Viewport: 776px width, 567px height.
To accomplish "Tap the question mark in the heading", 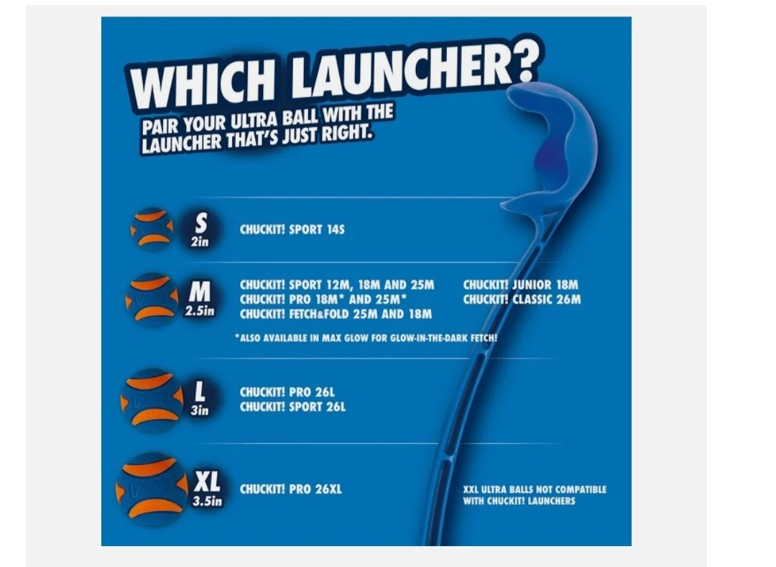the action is pyautogui.click(x=523, y=60).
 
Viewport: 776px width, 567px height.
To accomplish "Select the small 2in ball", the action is pyautogui.click(x=152, y=228).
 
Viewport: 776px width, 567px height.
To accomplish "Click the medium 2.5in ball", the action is pyautogui.click(x=152, y=299).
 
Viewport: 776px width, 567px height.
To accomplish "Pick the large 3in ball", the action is pyautogui.click(x=152, y=400).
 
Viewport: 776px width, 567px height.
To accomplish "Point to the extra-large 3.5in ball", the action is pyautogui.click(x=152, y=488).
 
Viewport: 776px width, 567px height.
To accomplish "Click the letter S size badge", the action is pyautogui.click(x=200, y=229).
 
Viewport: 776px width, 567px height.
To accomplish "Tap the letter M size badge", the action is pyautogui.click(x=200, y=298).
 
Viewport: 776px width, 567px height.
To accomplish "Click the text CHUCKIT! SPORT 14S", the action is pyautogui.click(x=292, y=230).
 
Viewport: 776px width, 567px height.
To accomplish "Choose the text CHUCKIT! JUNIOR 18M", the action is pyautogui.click(x=521, y=285).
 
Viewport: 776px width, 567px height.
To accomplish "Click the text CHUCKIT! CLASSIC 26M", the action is pyautogui.click(x=522, y=299).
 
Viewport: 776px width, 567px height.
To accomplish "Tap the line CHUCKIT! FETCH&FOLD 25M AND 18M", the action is pyautogui.click(x=336, y=314).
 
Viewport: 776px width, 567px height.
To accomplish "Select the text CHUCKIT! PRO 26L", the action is pyautogui.click(x=287, y=393).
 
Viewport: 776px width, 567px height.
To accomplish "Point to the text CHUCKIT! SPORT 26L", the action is pyautogui.click(x=292, y=408).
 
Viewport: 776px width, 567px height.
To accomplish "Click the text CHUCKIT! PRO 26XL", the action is pyautogui.click(x=290, y=489).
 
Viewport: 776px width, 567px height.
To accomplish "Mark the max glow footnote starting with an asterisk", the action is pyautogui.click(x=366, y=338).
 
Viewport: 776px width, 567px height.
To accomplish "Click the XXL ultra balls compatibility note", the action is pyautogui.click(x=535, y=495).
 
